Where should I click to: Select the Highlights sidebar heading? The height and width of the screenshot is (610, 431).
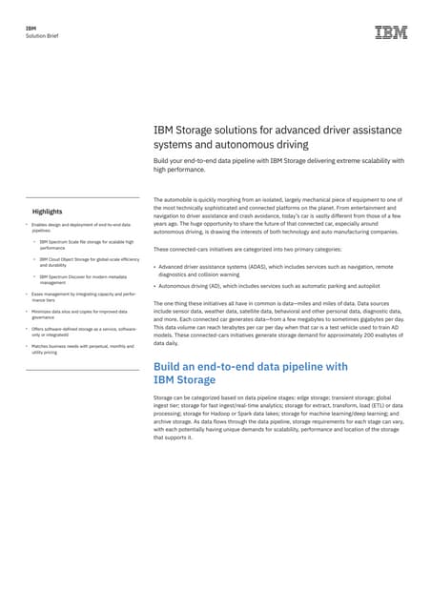tap(47, 211)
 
